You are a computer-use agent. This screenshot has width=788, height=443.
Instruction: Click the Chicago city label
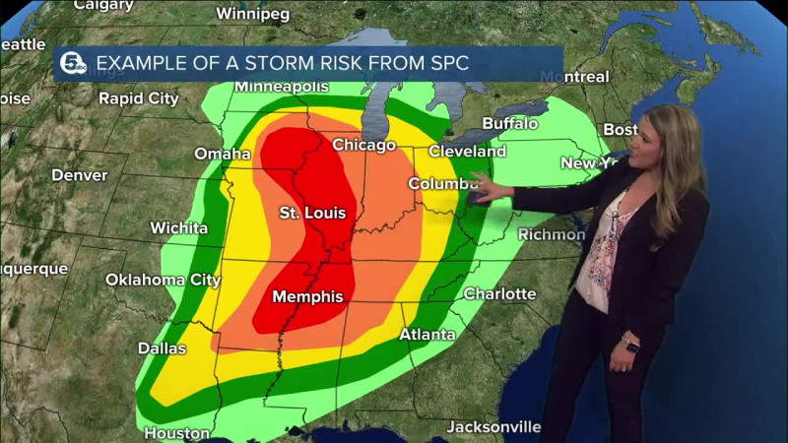(363, 146)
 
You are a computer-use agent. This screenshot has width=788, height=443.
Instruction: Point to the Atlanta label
(427, 335)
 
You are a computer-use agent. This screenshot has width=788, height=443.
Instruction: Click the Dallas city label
(162, 348)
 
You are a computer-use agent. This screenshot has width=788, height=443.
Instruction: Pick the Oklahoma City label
(163, 280)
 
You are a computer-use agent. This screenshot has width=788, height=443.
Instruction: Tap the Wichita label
(178, 227)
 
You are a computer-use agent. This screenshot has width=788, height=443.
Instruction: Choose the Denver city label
(79, 175)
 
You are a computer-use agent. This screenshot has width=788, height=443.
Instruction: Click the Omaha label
(222, 154)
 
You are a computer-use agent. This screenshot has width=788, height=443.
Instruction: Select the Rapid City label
(138, 98)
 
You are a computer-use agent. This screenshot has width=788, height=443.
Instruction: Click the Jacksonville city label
(493, 426)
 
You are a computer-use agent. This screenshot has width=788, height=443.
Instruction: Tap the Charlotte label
(499, 293)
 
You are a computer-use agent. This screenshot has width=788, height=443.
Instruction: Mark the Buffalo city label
(509, 123)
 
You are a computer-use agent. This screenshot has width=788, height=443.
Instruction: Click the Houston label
(176, 432)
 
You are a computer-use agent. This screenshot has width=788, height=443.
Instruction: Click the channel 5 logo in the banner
(73, 64)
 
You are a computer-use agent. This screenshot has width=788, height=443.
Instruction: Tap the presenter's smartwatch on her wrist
(629, 346)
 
